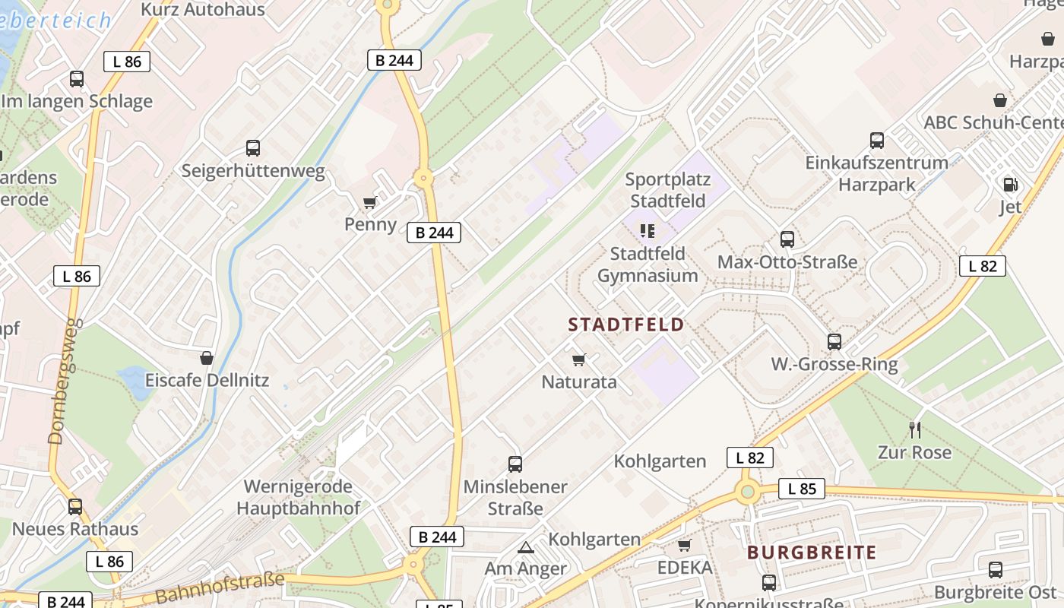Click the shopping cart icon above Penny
369,202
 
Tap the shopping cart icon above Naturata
579,359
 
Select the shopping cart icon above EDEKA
684,545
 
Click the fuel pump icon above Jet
1010,184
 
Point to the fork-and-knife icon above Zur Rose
915,430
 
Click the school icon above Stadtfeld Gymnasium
648,230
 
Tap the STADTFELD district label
626,325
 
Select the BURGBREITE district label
812,553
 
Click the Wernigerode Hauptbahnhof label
298,497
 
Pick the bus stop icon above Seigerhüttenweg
253,148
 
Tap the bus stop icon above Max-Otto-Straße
787,239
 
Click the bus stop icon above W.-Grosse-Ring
834,342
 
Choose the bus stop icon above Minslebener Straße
515,464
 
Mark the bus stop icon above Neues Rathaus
75,506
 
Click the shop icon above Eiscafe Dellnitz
207,358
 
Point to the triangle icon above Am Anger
526,546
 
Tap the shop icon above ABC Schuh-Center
1000,100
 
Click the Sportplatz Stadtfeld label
667,190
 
